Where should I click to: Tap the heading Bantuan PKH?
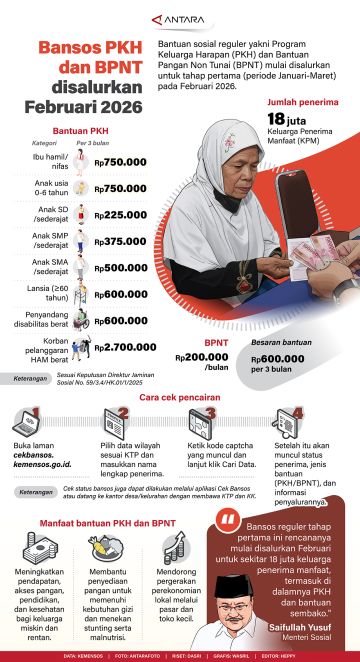79,130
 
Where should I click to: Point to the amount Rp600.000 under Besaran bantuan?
277,358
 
